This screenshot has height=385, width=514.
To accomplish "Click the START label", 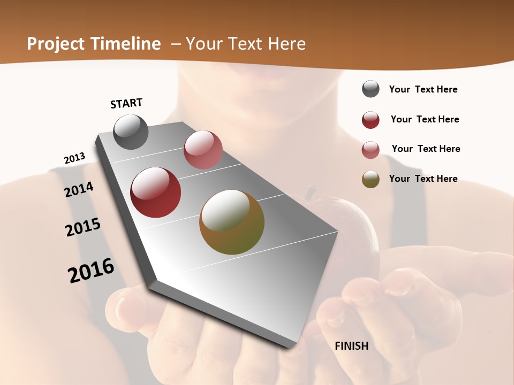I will pyautogui.click(x=126, y=103).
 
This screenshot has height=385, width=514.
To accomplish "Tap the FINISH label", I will pyautogui.click(x=351, y=346).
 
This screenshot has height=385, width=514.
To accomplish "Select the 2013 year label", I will pyautogui.click(x=74, y=158).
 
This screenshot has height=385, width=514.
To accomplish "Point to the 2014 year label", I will pyautogui.click(x=79, y=190).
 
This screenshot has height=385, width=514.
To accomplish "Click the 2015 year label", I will pyautogui.click(x=83, y=227).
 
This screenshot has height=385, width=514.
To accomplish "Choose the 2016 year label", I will pyautogui.click(x=91, y=271).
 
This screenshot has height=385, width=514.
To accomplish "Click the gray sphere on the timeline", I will pyautogui.click(x=131, y=132).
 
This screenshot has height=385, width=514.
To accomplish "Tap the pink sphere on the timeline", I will pyautogui.click(x=203, y=150).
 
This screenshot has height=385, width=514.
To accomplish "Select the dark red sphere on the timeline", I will pyautogui.click(x=156, y=192).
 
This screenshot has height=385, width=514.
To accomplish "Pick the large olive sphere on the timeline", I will pyautogui.click(x=232, y=222).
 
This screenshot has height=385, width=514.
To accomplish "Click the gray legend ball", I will pyautogui.click(x=371, y=89).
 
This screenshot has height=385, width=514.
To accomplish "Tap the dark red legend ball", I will pyautogui.click(x=371, y=120).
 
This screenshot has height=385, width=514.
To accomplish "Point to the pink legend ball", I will pyautogui.click(x=371, y=150).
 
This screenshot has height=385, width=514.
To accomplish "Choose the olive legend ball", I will pyautogui.click(x=371, y=179).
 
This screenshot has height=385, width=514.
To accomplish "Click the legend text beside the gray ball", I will pyautogui.click(x=423, y=89).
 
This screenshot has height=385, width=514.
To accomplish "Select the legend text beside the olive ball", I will pyautogui.click(x=423, y=179).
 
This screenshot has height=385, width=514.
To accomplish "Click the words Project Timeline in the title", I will pyautogui.click(x=94, y=44).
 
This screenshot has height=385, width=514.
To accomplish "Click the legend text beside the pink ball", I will pyautogui.click(x=426, y=149).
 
